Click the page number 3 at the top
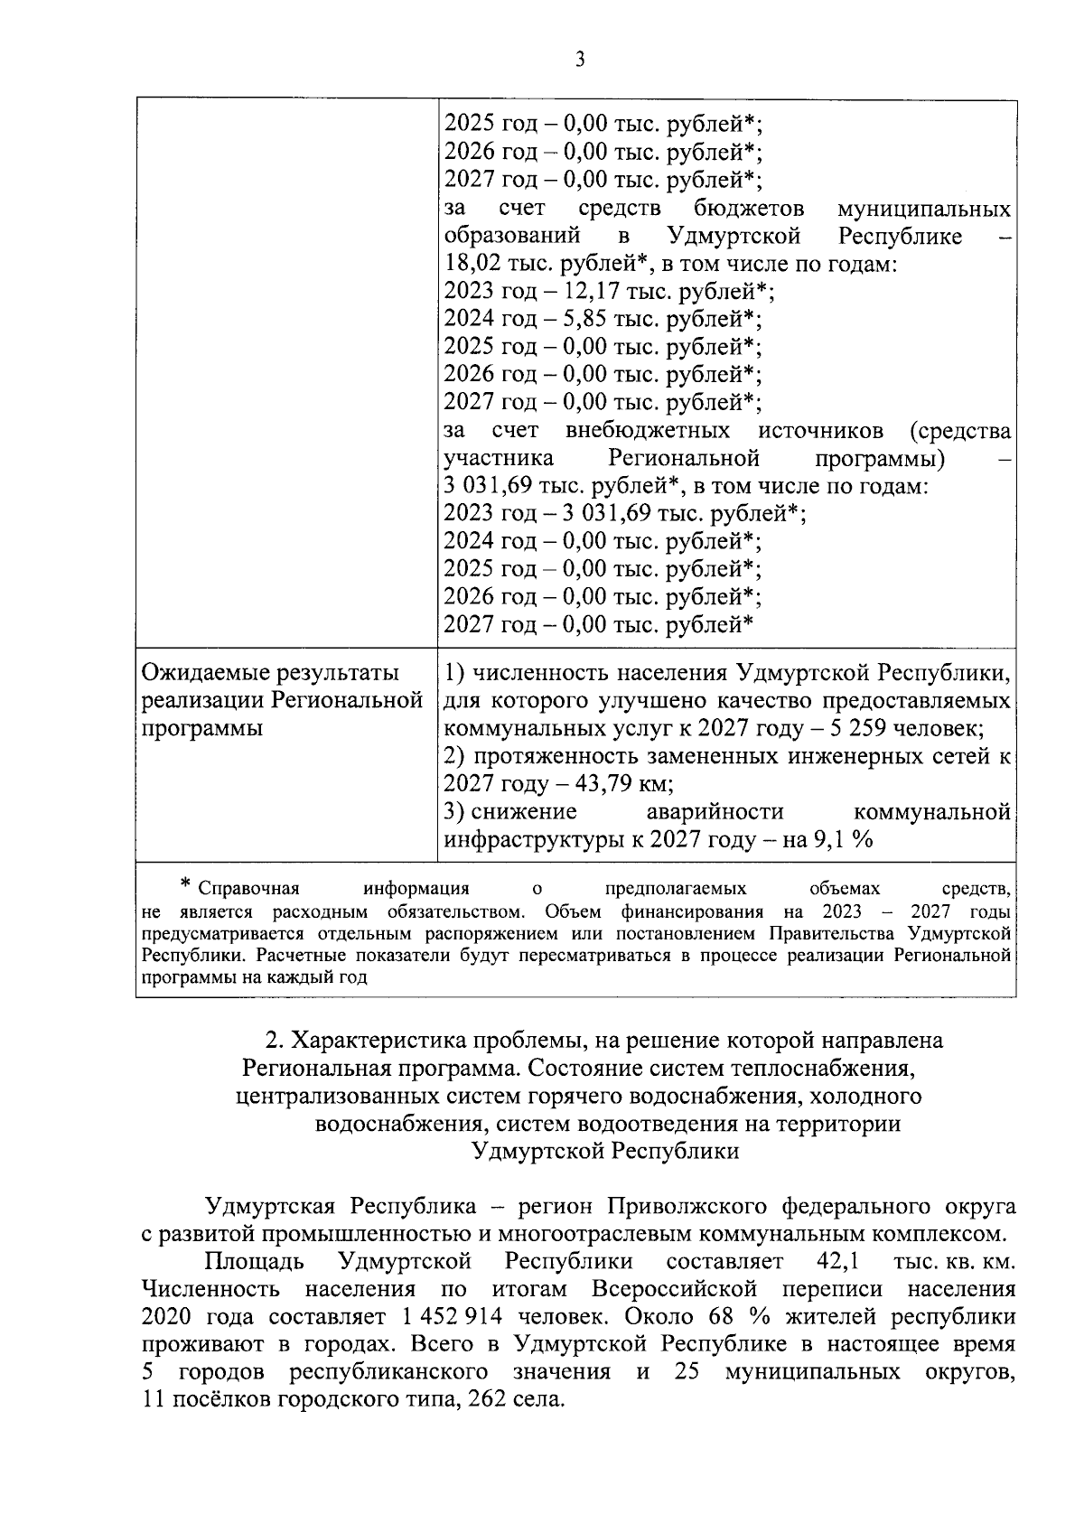coord(580,61)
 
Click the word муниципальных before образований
coord(923,210)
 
